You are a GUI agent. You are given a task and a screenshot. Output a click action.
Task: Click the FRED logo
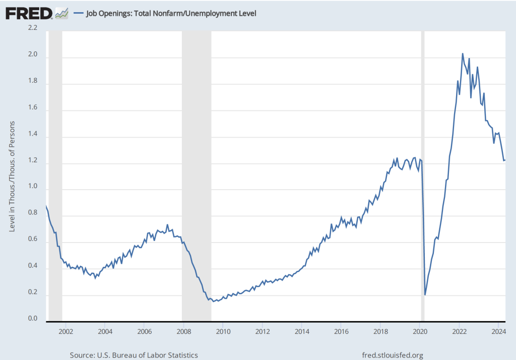tap(29, 13)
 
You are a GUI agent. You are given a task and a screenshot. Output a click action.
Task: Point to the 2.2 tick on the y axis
tap(32, 28)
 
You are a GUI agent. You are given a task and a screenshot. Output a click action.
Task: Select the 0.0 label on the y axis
tap(32, 318)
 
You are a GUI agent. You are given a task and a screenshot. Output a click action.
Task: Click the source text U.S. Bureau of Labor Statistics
tap(134, 355)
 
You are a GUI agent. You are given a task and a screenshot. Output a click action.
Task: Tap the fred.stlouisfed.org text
tap(393, 355)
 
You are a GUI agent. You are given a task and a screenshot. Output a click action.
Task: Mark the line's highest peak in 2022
tap(463, 53)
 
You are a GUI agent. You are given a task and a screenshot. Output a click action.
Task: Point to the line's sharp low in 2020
tap(425, 294)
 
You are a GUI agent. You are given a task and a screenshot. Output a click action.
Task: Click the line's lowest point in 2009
tap(214, 302)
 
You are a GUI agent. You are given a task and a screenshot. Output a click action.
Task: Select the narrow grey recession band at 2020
tap(423, 176)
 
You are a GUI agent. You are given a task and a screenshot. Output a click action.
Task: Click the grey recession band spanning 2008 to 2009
tap(197, 176)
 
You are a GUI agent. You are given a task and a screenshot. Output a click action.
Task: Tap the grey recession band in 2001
tap(55, 176)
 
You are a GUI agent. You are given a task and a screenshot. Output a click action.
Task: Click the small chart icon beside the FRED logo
tap(61, 13)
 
